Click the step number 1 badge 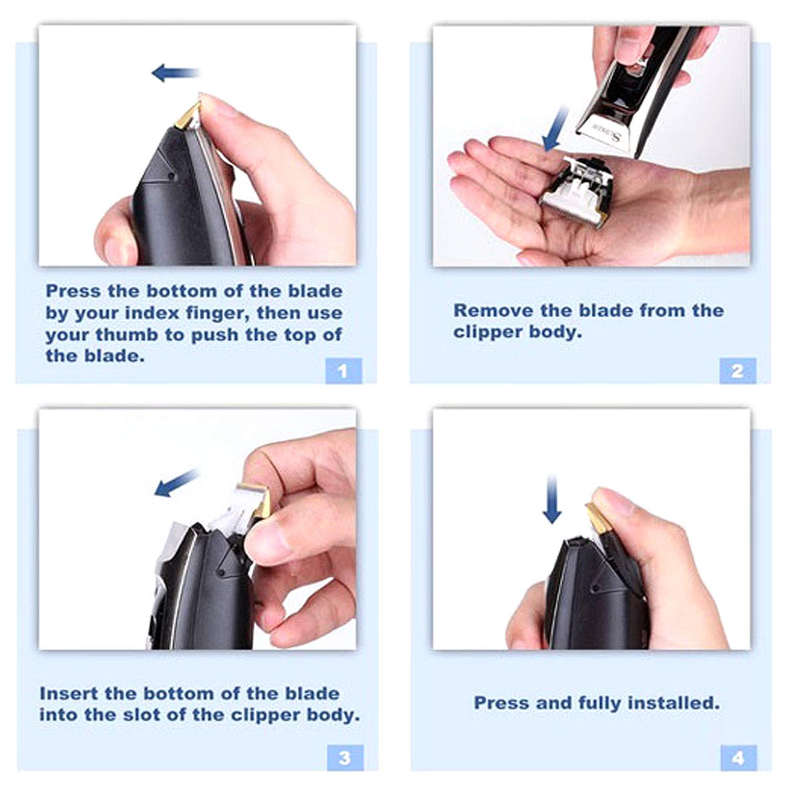pyautogui.click(x=343, y=371)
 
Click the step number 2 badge pyautogui.click(x=737, y=371)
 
